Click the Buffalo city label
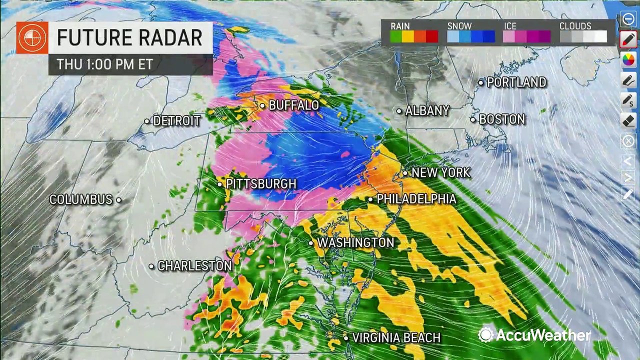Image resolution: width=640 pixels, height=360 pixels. [293, 105]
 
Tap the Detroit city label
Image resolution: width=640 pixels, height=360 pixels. [176, 121]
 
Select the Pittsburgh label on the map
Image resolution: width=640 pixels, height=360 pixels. [261, 184]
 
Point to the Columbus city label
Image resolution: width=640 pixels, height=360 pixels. [81, 199]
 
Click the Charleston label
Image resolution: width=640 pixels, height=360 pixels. [194, 266]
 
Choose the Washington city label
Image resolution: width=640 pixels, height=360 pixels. [355, 243]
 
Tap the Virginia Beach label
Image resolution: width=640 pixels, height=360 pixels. [396, 338]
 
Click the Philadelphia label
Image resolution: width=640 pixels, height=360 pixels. [416, 199]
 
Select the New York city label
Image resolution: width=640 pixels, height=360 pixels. [440, 173]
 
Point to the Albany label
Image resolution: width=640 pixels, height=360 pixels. [427, 110]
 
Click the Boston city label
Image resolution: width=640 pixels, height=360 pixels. [502, 119]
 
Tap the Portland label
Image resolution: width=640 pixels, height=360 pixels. [516, 82]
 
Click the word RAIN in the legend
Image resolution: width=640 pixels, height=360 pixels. [400, 26]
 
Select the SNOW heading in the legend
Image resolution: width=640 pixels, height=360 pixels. [459, 26]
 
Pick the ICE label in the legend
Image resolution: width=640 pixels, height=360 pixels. [510, 26]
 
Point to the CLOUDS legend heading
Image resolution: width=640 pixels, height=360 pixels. [575, 26]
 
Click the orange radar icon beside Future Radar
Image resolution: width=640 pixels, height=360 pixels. [32, 38]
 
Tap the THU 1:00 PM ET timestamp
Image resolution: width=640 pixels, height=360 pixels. [104, 64]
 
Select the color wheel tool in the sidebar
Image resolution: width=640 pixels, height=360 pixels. [628, 59]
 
